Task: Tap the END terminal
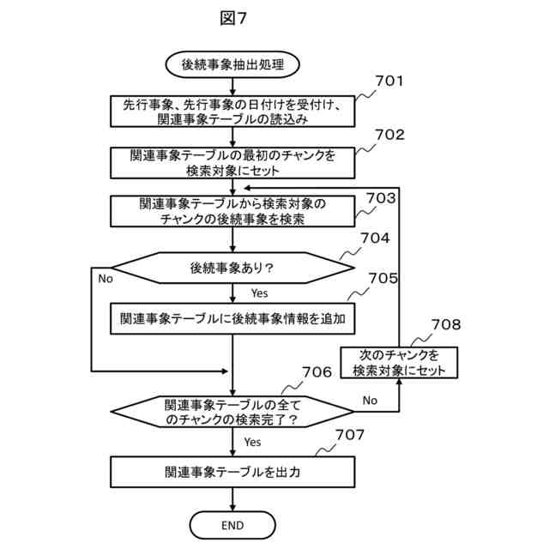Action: pyautogui.click(x=232, y=525)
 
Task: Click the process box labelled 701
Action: pyautogui.click(x=232, y=112)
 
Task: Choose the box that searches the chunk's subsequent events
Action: pyautogui.click(x=232, y=211)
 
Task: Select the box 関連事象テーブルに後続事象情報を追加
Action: pyautogui.click(x=232, y=318)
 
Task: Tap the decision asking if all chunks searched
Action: pyautogui.click(x=232, y=412)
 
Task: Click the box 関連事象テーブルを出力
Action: pyautogui.click(x=232, y=471)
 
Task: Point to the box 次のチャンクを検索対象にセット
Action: pyautogui.click(x=399, y=362)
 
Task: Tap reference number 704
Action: pyautogui.click(x=376, y=238)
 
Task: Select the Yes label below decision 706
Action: pyautogui.click(x=252, y=442)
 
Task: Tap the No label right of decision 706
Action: pyautogui.click(x=370, y=400)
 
